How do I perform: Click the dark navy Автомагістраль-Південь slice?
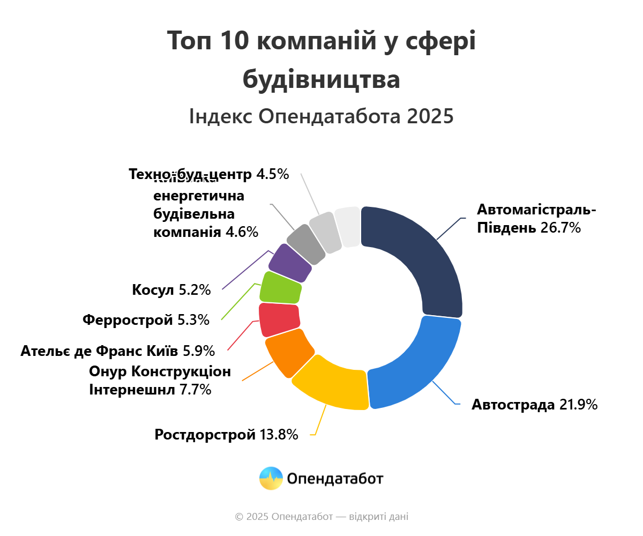tap(429, 257)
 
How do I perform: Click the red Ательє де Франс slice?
tap(279, 319)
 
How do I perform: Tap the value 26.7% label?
tap(560, 228)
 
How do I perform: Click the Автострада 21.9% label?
tap(534, 405)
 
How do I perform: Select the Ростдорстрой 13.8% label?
tap(226, 435)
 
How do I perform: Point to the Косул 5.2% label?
tap(171, 290)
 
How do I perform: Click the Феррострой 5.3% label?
tap(146, 321)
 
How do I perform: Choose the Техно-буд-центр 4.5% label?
tap(209, 174)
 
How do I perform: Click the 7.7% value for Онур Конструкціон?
tap(196, 390)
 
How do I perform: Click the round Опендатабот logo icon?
tap(271, 478)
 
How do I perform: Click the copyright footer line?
tap(322, 517)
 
